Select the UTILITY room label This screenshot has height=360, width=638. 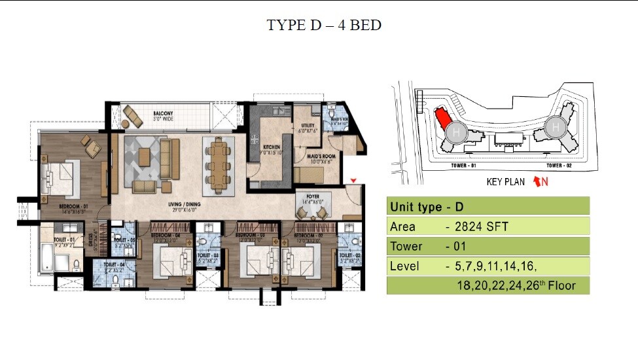pos(308,126)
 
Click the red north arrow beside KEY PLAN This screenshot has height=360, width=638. pos(541,182)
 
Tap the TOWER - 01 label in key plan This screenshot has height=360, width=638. pos(463,166)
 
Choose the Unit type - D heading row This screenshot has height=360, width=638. pos(487,206)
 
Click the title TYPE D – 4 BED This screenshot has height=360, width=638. pos(323,26)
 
